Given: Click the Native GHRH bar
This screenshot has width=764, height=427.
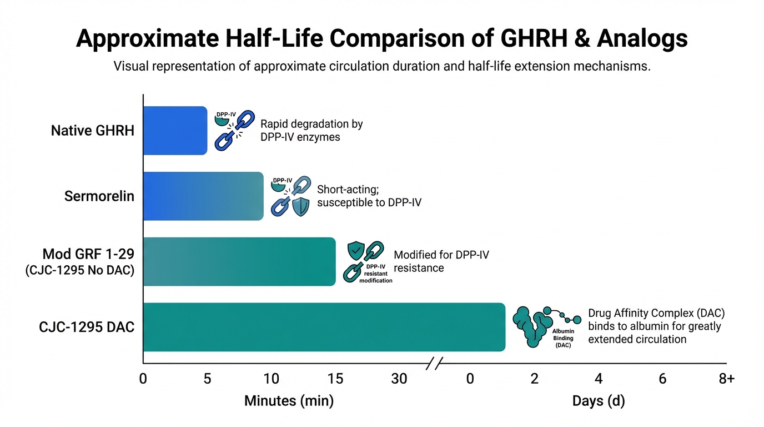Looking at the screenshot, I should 175,131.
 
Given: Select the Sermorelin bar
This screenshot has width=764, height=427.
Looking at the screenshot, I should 203,196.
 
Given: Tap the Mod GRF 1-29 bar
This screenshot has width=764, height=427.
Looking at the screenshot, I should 239,261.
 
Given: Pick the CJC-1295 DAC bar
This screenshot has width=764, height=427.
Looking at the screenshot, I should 324,327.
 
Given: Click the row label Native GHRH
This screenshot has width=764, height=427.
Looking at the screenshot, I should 93,131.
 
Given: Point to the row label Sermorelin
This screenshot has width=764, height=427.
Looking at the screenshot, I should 99,196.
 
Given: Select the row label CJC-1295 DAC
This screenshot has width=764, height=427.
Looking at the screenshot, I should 87,327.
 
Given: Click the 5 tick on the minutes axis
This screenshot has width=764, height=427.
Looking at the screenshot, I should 207,379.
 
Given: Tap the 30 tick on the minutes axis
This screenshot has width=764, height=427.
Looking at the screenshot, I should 399,379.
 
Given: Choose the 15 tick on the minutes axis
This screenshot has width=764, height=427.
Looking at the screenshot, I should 335,379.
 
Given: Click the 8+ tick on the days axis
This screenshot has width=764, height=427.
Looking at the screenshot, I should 726,379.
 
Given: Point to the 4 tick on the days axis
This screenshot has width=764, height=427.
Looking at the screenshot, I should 599,379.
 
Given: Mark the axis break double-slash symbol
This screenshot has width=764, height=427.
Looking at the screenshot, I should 434,365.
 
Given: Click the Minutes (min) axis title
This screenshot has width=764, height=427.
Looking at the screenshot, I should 289,401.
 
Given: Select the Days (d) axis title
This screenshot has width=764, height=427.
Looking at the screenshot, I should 599,401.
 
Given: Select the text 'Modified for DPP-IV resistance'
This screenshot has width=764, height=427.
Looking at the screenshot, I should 441,261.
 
